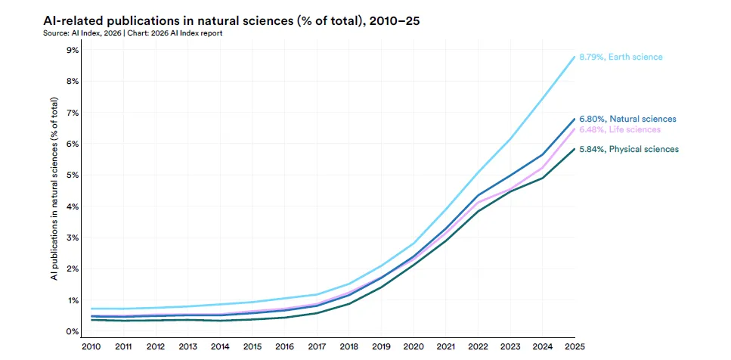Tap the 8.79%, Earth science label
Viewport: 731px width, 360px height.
tap(620, 57)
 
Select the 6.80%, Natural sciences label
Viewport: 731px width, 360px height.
tap(627, 119)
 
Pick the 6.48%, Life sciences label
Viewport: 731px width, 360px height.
tap(620, 130)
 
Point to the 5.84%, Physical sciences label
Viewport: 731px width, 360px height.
tap(628, 149)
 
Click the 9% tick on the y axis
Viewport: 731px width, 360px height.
tap(73, 50)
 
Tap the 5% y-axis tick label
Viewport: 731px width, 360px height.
tap(73, 175)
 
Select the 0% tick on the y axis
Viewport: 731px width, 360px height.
tap(73, 331)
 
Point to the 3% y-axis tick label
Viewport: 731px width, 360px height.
tap(73, 237)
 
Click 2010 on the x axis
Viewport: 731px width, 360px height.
tap(90, 346)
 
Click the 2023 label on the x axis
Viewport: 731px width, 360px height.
tap(510, 346)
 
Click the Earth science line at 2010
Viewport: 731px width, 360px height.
tap(91, 309)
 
